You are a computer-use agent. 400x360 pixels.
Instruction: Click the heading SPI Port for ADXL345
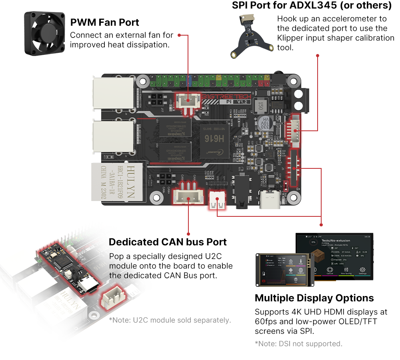[x=312, y=6]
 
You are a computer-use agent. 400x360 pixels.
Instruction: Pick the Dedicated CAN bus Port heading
[x=168, y=242]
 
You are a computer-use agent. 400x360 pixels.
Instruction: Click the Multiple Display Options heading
[x=314, y=298]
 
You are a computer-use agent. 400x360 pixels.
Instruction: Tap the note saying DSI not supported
[x=298, y=344]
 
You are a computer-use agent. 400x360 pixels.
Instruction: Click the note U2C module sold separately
[x=170, y=320]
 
